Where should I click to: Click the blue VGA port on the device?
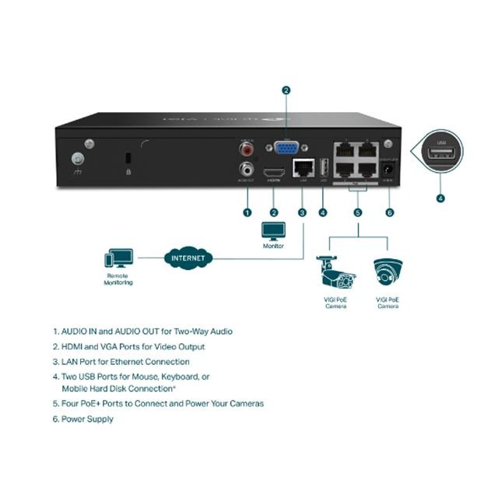click(x=286, y=149)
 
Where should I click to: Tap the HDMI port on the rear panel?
click(x=273, y=170)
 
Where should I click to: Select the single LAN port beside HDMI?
click(x=301, y=167)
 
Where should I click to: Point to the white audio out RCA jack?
click(x=247, y=167)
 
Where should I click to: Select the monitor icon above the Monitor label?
click(x=274, y=232)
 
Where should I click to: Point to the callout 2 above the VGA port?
click(x=286, y=91)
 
